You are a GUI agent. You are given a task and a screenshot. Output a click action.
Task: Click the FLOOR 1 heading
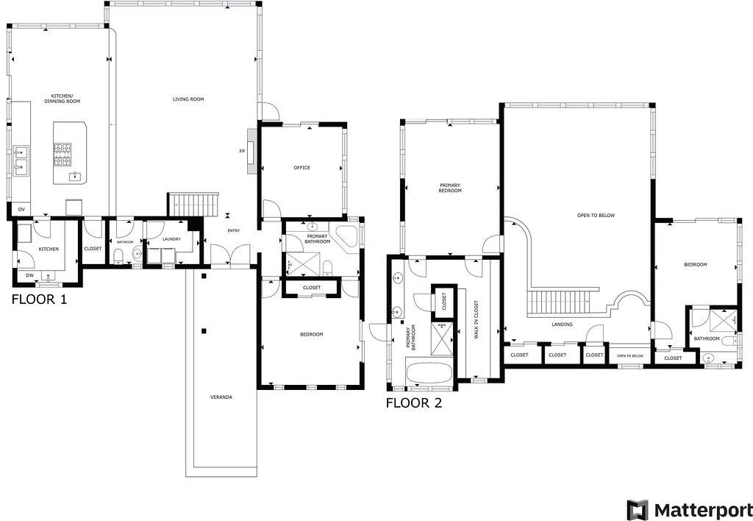click(x=38, y=300)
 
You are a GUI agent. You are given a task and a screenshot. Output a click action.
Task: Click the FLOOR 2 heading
click(x=414, y=403)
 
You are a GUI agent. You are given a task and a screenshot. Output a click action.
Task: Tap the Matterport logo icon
click(x=638, y=509)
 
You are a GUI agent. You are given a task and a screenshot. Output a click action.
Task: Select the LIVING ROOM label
click(x=188, y=99)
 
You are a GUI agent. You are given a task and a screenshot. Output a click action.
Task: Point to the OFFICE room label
click(x=301, y=168)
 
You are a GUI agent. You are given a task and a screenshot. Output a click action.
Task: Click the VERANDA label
click(x=221, y=397)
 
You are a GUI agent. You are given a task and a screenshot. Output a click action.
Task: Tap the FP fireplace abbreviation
click(x=241, y=152)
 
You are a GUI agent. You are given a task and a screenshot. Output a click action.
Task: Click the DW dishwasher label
click(x=29, y=275)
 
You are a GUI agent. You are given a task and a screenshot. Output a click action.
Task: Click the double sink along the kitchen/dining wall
click(x=21, y=160)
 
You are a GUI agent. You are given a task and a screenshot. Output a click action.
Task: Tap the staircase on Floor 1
click(x=194, y=205)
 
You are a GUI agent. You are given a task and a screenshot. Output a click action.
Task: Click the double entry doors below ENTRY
click(x=229, y=255)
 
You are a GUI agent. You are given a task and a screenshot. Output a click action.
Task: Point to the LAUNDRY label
click(x=171, y=238)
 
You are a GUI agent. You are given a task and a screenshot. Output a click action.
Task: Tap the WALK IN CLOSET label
click(x=476, y=319)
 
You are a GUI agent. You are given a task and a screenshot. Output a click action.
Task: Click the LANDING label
click(x=562, y=324)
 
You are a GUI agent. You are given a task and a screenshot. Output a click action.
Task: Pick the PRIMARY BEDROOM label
click(x=450, y=188)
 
